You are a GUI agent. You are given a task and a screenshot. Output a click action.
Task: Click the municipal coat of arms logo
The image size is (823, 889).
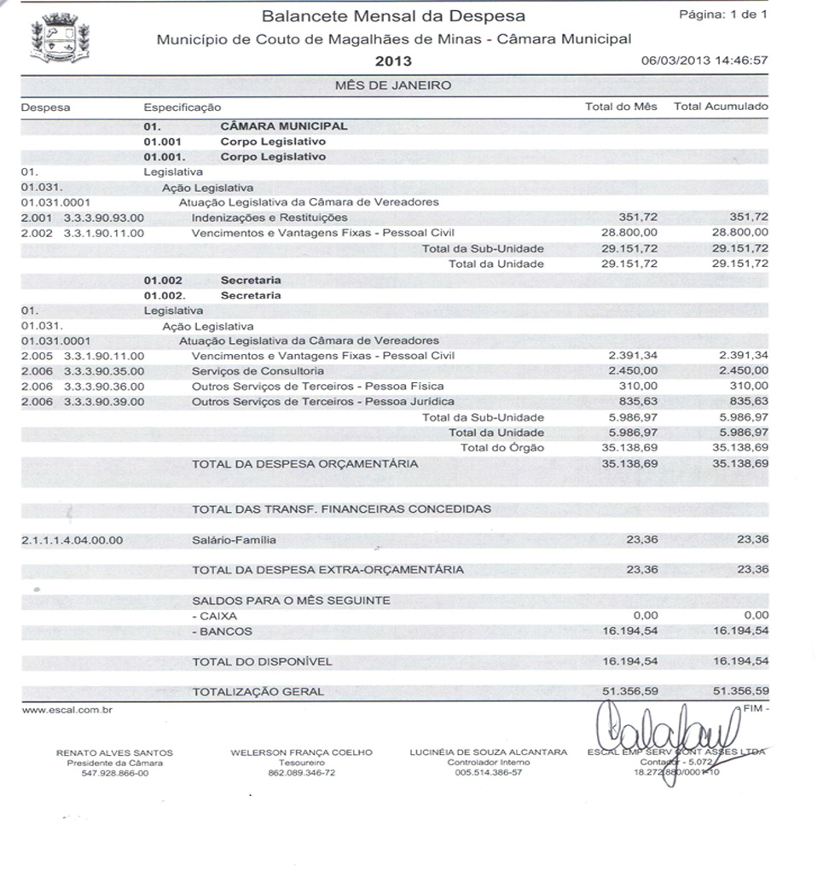tap(60, 38)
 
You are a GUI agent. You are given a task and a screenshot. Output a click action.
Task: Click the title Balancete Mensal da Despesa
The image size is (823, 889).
tap(393, 16)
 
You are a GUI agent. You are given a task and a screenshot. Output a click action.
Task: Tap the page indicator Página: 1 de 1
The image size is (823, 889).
tap(722, 15)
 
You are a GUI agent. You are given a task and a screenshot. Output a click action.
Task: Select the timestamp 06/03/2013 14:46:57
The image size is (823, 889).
tap(704, 61)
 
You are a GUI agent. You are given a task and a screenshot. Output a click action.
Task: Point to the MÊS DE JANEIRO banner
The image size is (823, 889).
tap(393, 85)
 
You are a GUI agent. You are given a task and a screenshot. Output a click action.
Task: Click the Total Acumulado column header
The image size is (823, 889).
tap(721, 107)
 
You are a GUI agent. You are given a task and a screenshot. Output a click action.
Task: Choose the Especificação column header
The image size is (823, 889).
tap(182, 107)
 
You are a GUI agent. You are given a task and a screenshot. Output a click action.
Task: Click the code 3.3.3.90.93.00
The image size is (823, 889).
tap(104, 218)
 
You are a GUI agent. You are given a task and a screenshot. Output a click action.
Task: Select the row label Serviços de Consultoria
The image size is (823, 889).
tap(258, 371)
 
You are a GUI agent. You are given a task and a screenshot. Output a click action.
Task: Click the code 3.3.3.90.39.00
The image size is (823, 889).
tap(104, 401)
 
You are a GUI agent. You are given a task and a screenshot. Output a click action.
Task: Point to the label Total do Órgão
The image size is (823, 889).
tap(501, 447)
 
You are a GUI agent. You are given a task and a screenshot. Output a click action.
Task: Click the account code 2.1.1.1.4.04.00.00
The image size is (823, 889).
tap(72, 540)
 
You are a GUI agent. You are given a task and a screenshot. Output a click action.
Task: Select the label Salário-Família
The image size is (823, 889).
tap(234, 540)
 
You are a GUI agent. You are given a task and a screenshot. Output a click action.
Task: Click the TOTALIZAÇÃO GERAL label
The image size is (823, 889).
tap(258, 692)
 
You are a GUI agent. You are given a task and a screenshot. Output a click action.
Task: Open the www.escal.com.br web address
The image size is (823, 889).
tap(56, 709)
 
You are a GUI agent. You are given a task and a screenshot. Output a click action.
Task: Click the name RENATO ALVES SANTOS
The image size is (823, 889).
tap(114, 752)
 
